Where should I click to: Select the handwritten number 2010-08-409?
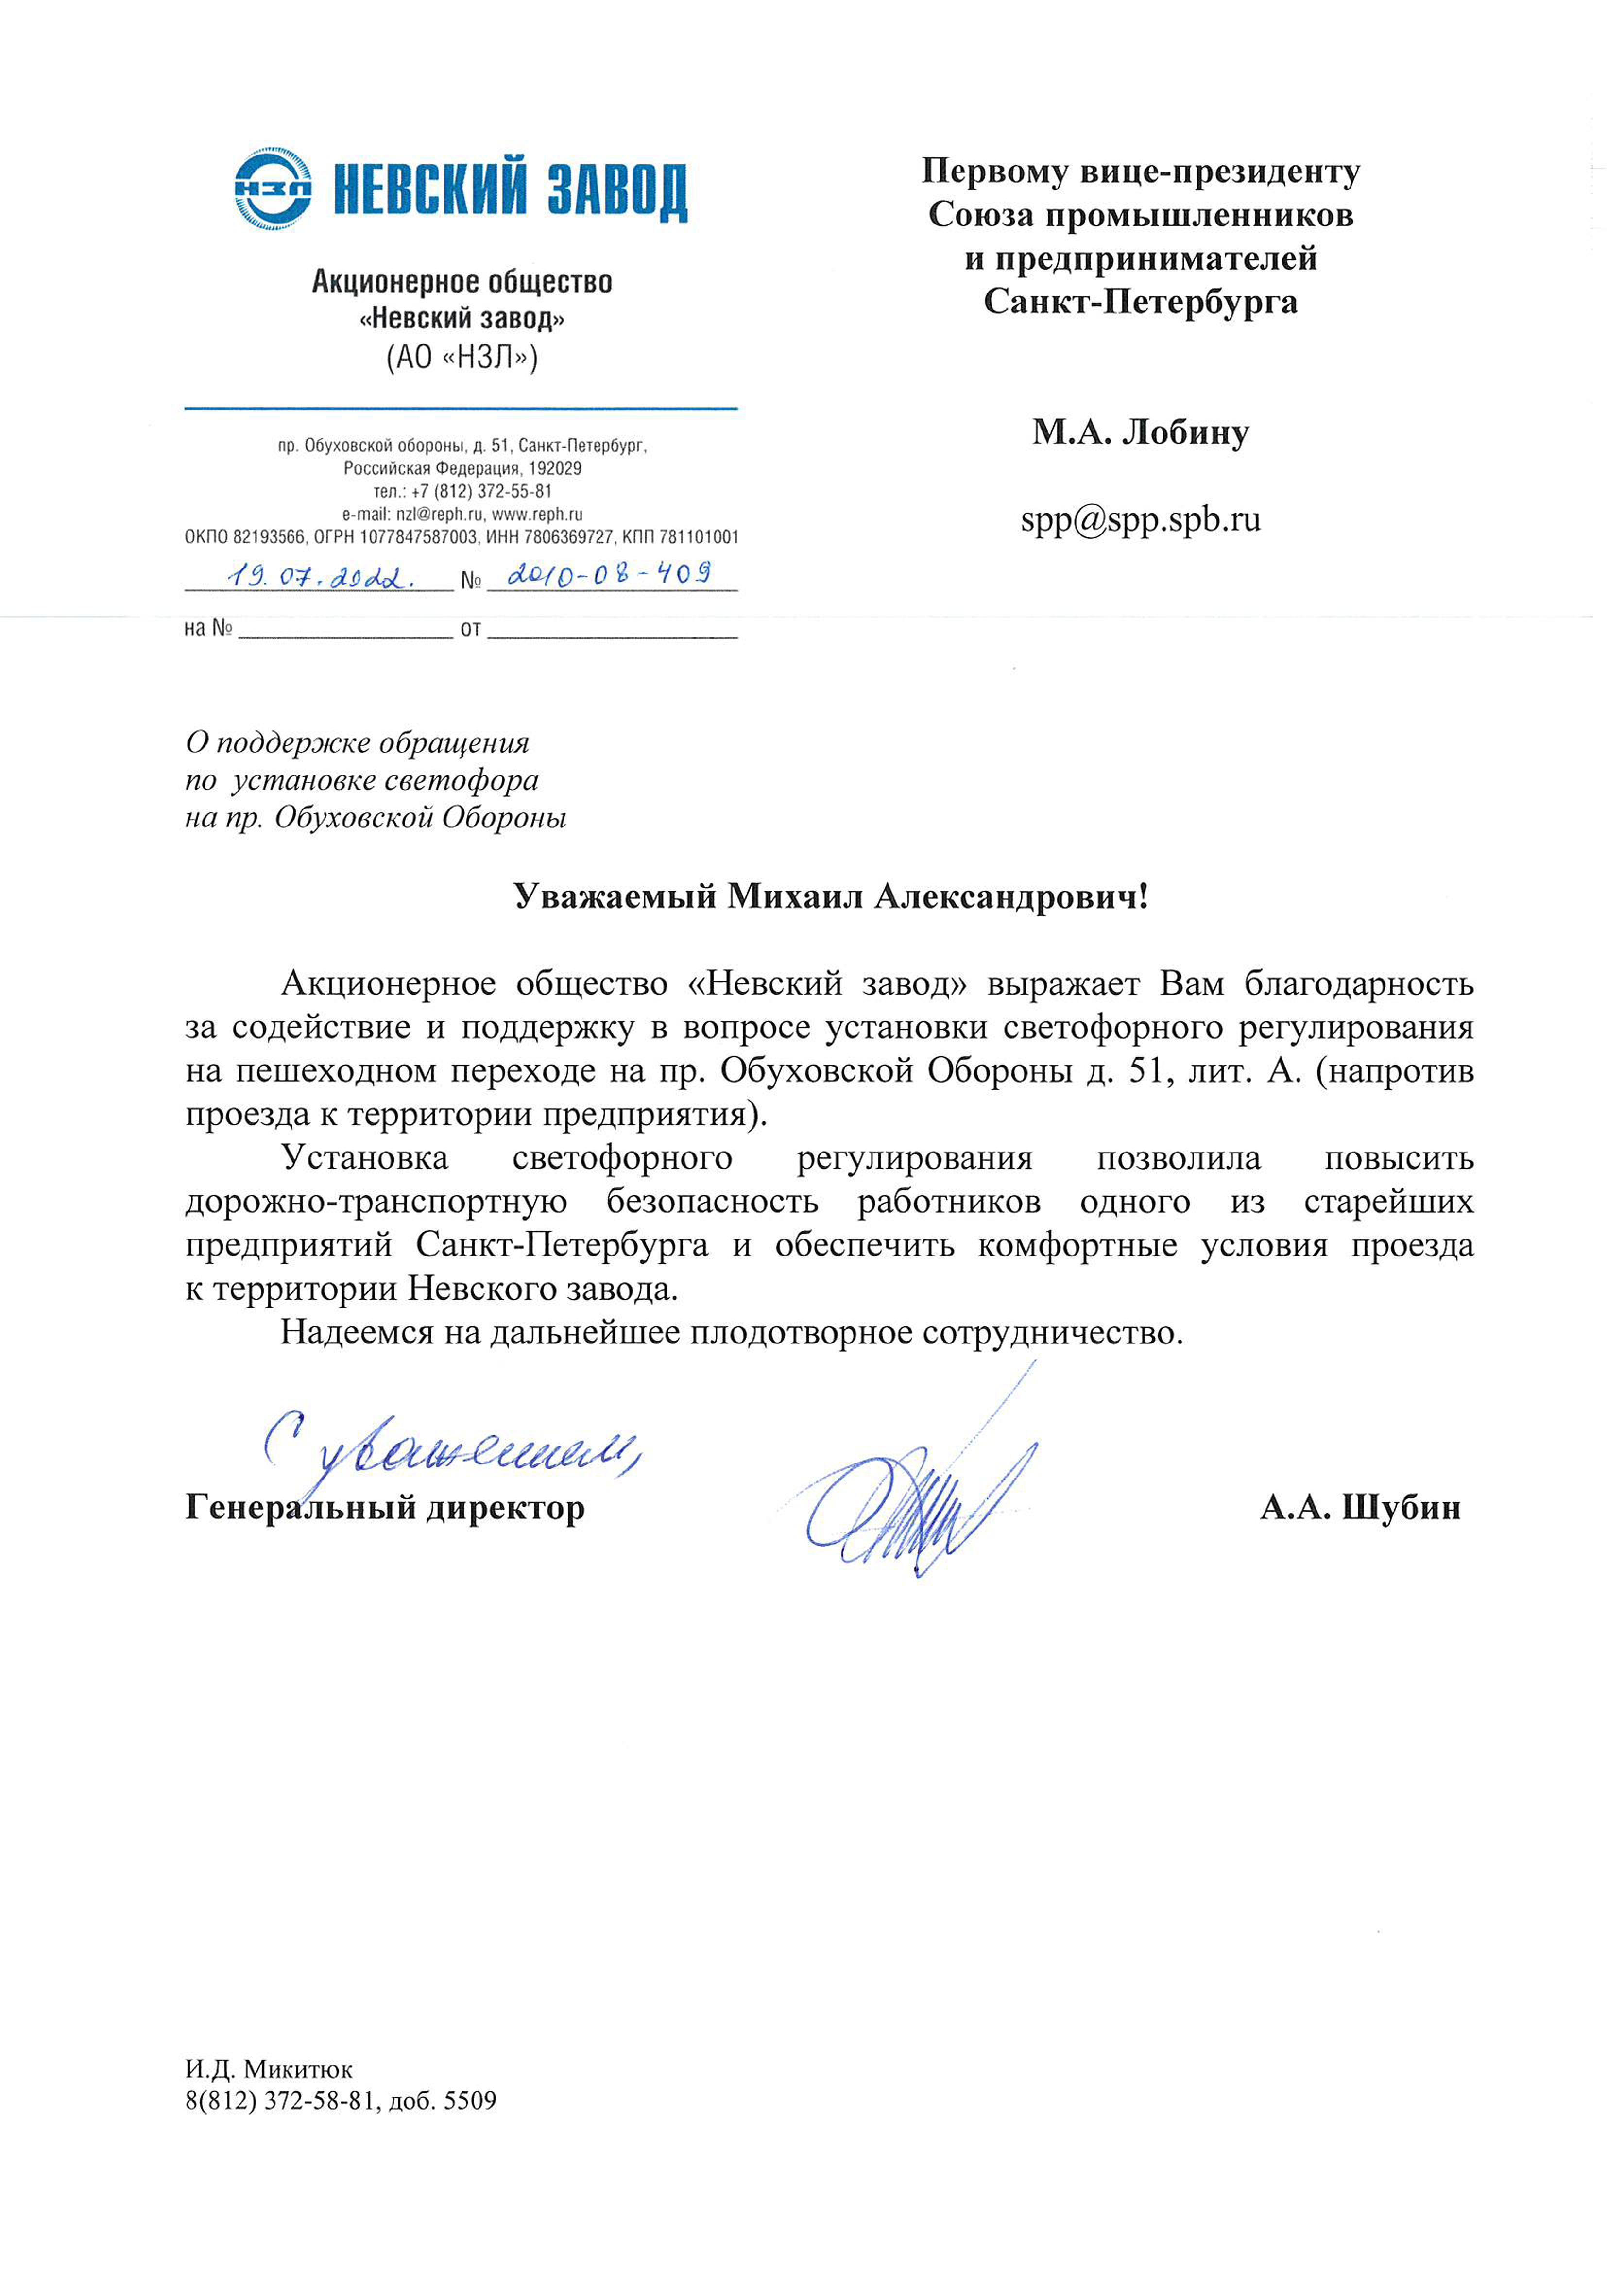coord(609,574)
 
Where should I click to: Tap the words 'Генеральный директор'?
coord(385,1508)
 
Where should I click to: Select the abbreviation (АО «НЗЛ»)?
coord(462,356)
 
